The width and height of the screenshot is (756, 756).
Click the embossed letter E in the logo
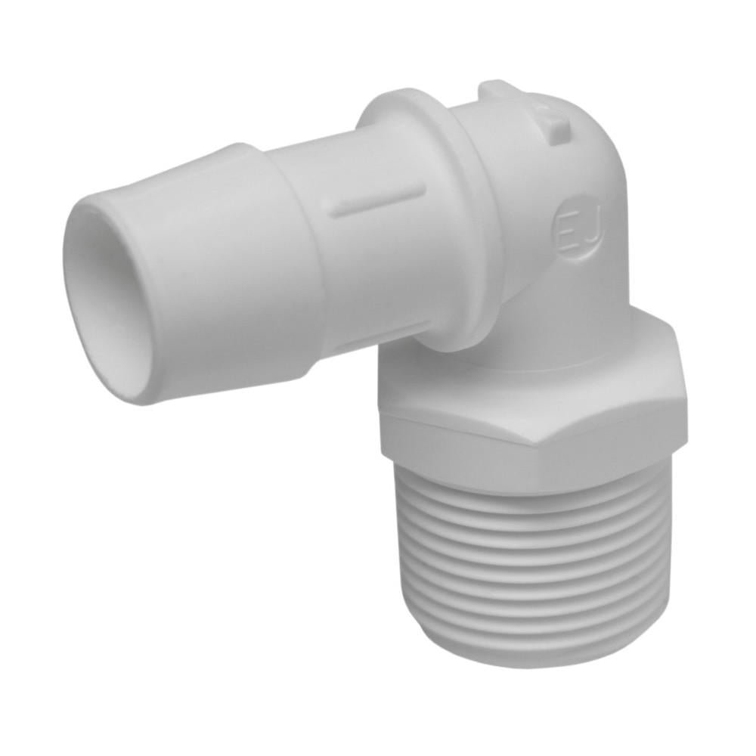pos(568,226)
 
